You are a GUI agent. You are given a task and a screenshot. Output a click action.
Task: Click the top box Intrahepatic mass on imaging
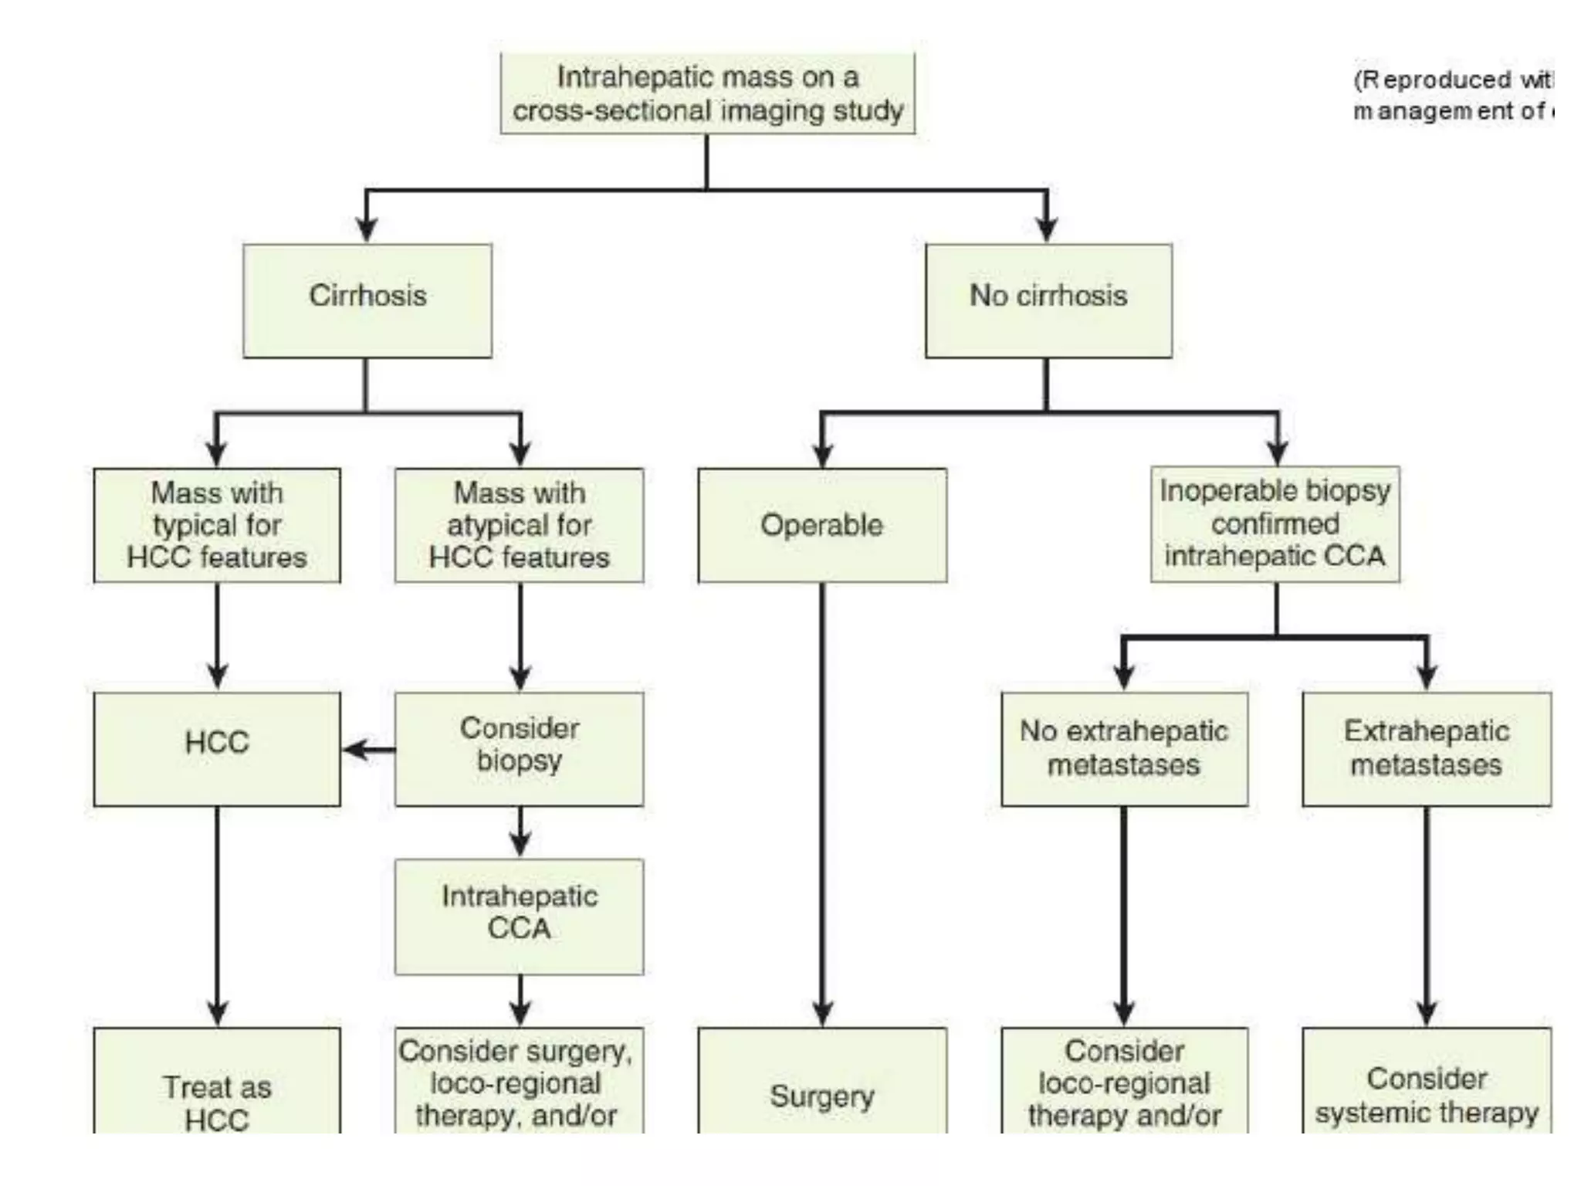707,93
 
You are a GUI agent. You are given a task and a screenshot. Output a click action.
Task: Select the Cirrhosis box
367,300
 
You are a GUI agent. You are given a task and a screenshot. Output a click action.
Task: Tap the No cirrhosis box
1048,300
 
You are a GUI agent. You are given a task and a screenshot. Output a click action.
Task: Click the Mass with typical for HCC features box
217,525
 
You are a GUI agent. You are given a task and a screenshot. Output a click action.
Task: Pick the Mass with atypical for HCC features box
519,525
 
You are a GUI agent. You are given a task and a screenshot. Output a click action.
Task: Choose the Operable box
822,525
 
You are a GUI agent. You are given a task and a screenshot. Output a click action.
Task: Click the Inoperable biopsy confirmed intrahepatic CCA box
1275,524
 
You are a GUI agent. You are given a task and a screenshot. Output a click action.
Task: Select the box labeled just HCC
217,748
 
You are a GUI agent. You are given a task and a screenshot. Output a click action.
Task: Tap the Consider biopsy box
519,748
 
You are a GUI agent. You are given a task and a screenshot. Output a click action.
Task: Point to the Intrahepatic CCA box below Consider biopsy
519,916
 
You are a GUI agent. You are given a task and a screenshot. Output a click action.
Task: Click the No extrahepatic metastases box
1124,748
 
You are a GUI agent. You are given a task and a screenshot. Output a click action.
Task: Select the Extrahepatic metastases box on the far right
1426,748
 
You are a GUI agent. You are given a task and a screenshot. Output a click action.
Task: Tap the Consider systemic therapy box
1426,1089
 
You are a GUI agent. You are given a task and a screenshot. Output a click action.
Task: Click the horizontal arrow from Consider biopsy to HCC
369,749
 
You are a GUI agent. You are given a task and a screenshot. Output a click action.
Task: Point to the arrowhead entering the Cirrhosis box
366,230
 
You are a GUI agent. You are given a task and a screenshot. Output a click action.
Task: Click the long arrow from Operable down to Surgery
822,803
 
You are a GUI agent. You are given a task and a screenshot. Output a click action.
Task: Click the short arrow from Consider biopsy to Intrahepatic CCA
520,832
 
